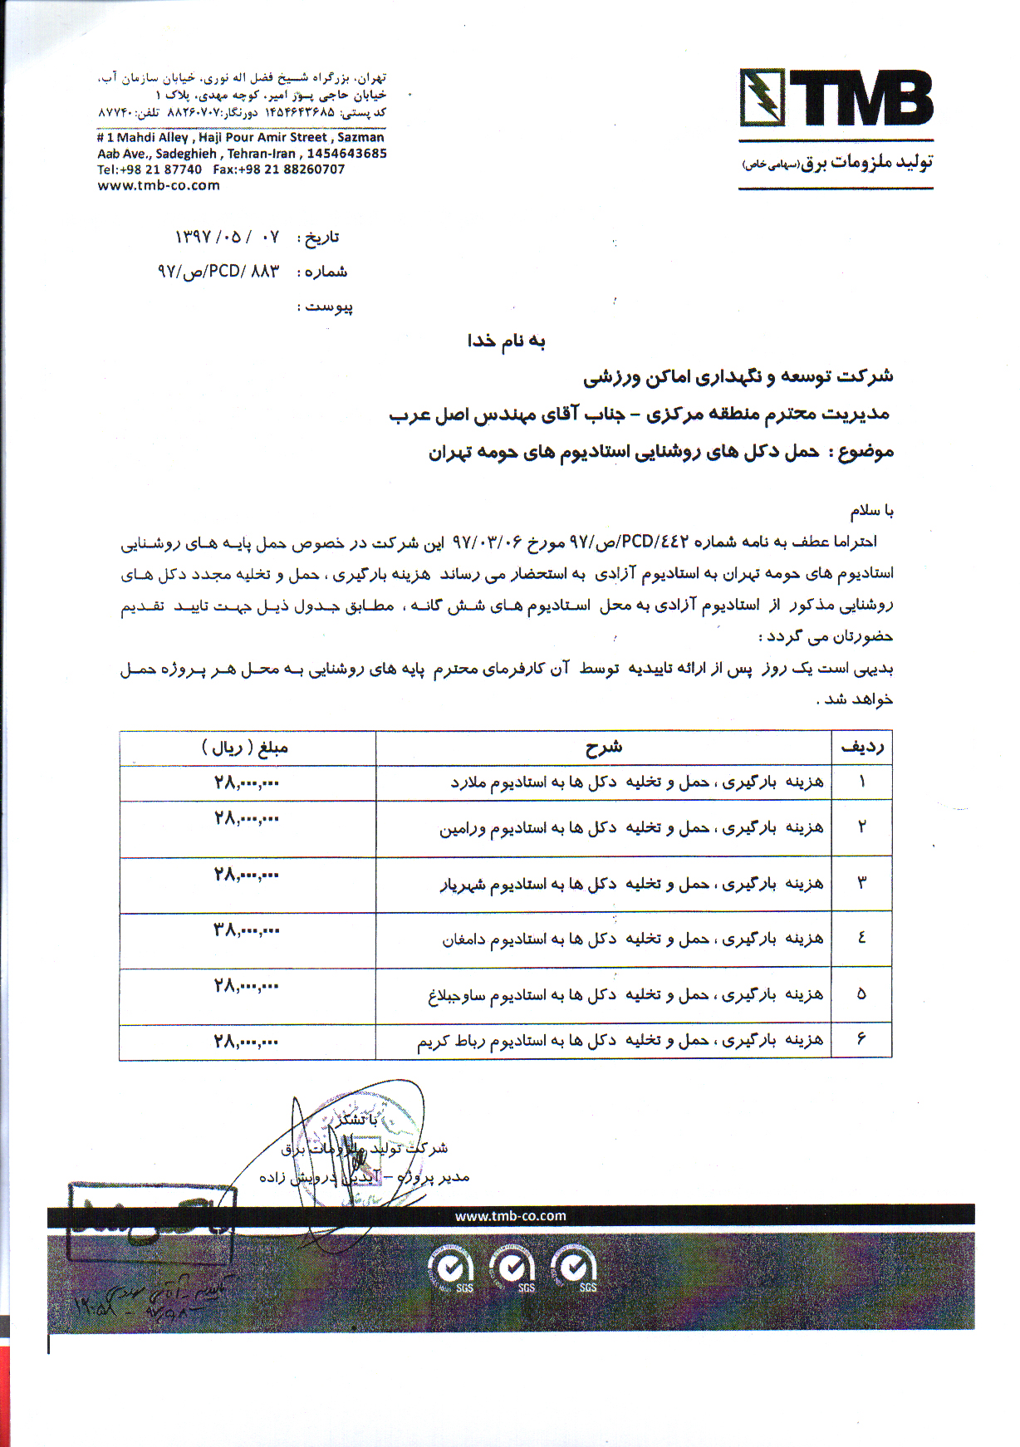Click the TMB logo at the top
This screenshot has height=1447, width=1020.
836,99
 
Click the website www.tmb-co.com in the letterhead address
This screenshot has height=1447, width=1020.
159,185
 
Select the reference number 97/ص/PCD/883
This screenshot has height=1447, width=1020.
218,272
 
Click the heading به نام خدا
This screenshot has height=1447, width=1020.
506,341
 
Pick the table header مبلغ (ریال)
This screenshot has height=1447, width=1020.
245,748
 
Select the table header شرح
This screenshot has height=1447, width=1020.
604,748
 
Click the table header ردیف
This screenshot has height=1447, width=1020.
862,748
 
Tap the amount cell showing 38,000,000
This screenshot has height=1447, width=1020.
246,930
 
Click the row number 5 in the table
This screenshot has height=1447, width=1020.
861,993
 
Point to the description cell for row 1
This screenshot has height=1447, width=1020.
637,782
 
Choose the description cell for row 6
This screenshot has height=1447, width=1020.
620,1041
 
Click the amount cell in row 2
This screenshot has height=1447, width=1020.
246,819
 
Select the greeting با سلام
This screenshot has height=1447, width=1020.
871,510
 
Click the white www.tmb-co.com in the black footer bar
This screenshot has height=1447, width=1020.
510,1216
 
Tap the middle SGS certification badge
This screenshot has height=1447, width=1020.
513,1268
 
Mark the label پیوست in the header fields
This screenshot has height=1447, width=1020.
330,307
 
